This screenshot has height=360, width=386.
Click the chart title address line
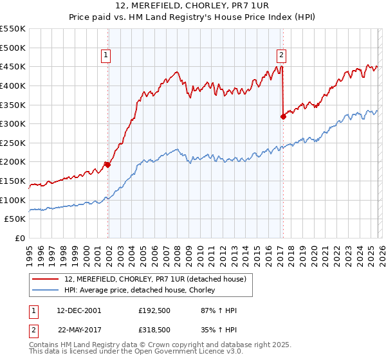click(193, 6)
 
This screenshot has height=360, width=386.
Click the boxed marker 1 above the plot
click(106, 56)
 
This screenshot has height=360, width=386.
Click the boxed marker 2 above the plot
click(282, 56)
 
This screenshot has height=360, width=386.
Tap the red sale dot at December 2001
click(107, 165)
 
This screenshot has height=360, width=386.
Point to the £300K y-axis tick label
click(13, 123)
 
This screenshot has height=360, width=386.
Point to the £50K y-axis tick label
click(15, 219)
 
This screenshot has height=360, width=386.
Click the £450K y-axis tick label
click(13, 66)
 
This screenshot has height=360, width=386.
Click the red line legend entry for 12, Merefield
click(155, 279)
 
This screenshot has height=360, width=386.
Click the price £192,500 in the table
click(154, 310)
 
